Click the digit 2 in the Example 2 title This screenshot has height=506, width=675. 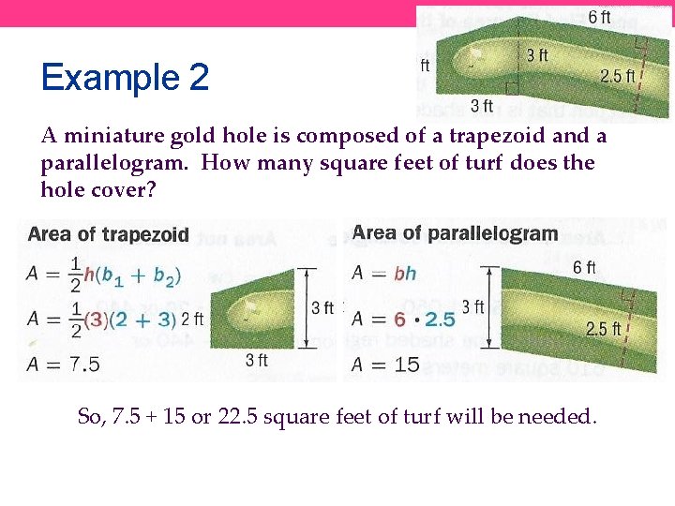click(198, 78)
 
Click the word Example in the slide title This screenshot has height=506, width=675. click(110, 78)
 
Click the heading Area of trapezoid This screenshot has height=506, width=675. click(109, 235)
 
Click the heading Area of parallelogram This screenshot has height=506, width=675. click(455, 233)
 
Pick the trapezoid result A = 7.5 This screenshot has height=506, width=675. click(65, 365)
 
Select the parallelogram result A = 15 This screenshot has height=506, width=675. click(385, 365)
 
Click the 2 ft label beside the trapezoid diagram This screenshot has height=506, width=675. click(191, 320)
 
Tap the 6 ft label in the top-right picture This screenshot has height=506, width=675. click(599, 17)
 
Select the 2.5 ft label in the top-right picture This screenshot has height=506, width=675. click(618, 76)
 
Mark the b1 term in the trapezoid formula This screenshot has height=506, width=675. click(115, 276)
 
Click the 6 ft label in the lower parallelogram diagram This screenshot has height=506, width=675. click(584, 268)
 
